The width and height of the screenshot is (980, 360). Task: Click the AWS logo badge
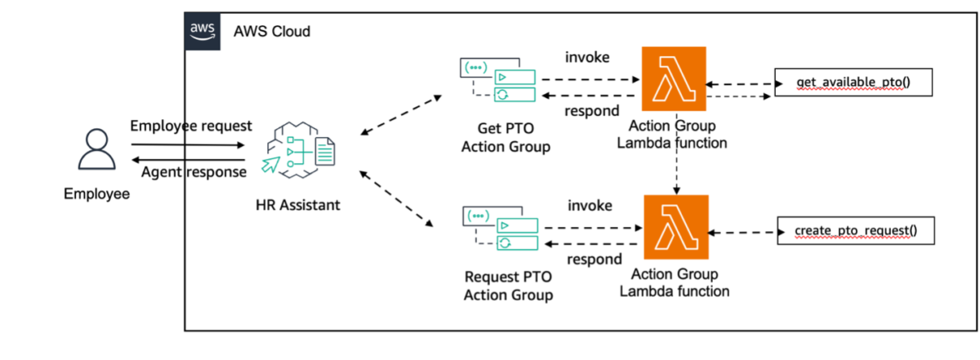[x=203, y=32]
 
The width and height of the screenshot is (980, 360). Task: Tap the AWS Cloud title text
[x=272, y=32]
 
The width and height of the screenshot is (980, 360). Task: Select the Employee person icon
[x=96, y=149]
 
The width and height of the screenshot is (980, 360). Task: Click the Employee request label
[x=191, y=126]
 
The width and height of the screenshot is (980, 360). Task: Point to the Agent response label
[x=194, y=172]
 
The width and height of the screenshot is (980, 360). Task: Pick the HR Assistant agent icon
[x=298, y=150]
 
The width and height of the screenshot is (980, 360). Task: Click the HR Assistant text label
[x=298, y=205]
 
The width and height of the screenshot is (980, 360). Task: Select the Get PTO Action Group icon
[x=498, y=80]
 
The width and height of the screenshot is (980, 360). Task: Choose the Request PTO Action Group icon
[x=501, y=229]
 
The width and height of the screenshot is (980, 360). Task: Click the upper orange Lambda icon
[x=674, y=78]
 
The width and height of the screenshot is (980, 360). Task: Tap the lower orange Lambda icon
[x=676, y=227]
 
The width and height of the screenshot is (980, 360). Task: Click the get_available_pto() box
[x=853, y=82]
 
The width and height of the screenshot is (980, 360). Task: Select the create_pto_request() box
[x=856, y=230]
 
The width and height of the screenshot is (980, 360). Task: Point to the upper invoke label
[x=587, y=57]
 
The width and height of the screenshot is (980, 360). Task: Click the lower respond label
[x=595, y=260]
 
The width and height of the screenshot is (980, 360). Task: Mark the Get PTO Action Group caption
[x=506, y=137]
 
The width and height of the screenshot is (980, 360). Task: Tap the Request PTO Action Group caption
[x=508, y=286]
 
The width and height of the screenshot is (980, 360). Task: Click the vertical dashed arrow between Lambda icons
[x=676, y=153]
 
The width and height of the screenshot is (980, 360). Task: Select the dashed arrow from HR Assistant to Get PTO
[x=401, y=115]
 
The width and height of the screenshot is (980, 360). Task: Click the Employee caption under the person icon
[x=96, y=193]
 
